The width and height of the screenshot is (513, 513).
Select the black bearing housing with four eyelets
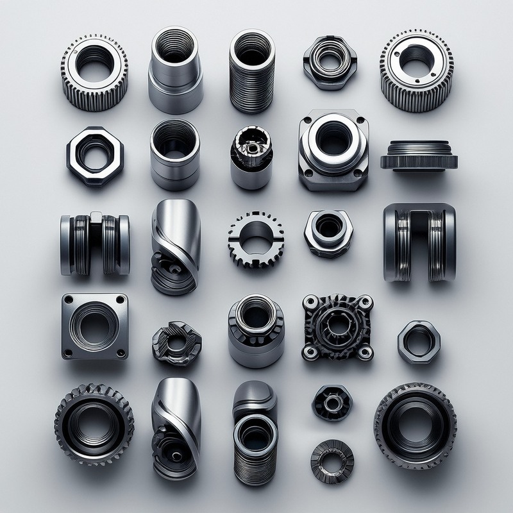(337, 327)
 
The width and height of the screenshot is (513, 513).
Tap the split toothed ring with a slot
(255, 239)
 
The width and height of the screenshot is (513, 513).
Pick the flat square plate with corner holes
(95, 326)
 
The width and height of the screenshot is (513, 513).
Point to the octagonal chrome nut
(95, 156)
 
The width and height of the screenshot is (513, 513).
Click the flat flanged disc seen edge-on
(419, 156)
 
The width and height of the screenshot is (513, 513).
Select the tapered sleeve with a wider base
(176, 71)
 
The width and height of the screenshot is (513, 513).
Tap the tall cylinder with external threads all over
(252, 71)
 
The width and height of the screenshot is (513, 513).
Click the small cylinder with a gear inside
(251, 157)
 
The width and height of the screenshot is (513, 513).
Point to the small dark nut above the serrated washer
(332, 403)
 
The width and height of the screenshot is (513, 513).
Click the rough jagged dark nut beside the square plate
(176, 343)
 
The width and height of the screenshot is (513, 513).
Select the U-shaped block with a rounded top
(419, 242)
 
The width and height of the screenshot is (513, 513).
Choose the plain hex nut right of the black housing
(419, 342)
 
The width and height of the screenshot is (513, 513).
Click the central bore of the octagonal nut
(94, 155)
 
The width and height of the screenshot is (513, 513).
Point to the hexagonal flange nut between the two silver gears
(330, 63)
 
